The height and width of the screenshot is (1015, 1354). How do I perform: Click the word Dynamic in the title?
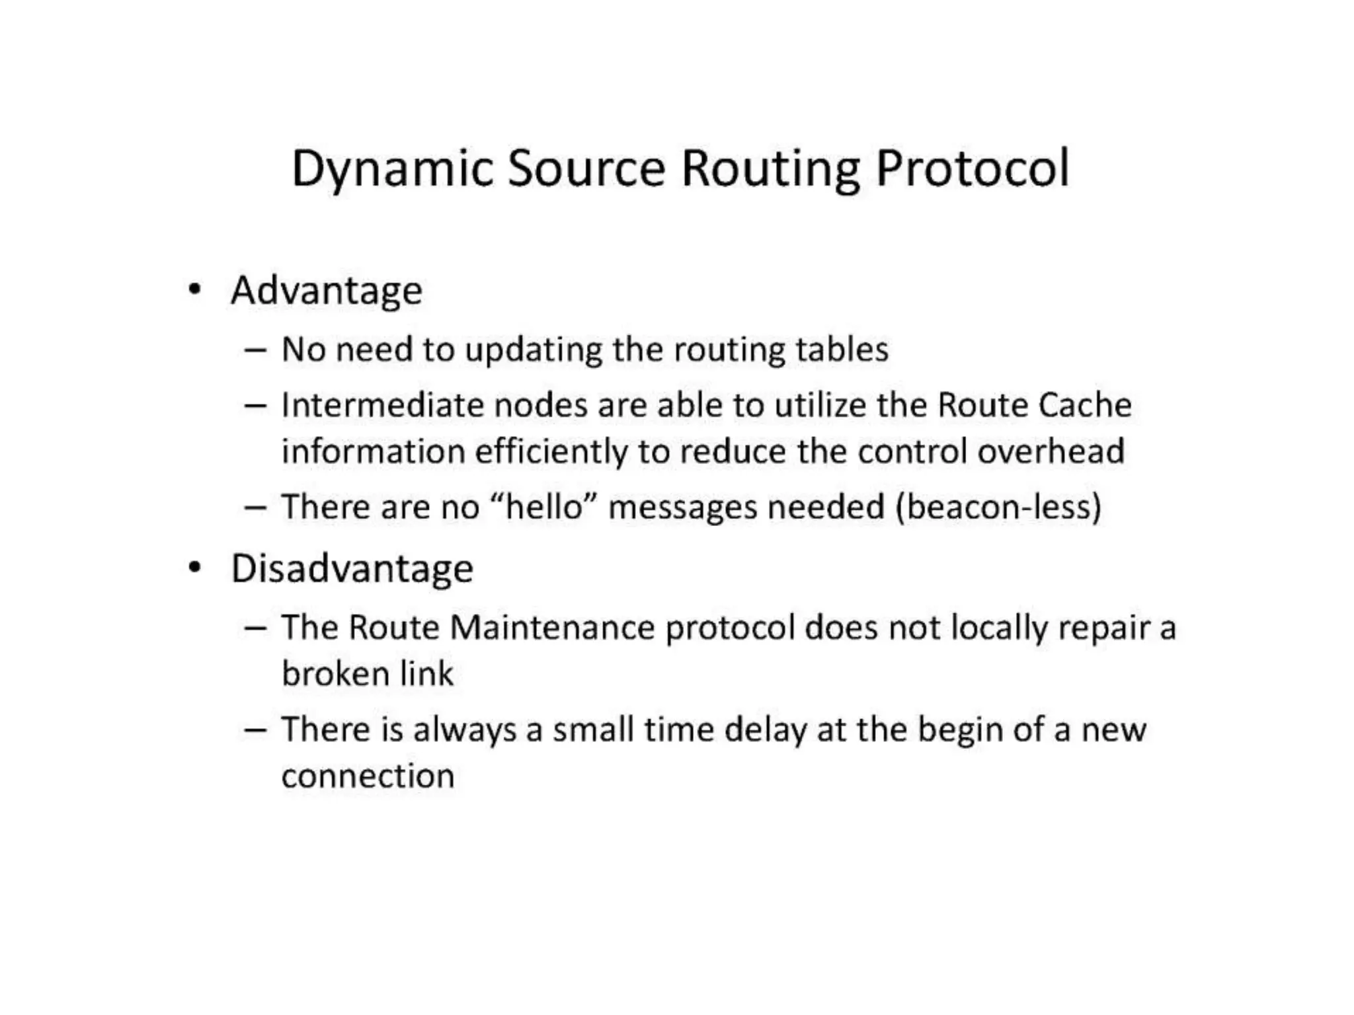(x=392, y=169)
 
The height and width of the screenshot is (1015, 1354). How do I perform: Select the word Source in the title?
(x=586, y=169)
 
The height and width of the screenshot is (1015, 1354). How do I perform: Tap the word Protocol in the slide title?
(x=972, y=169)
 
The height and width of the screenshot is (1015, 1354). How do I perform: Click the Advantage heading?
(x=326, y=291)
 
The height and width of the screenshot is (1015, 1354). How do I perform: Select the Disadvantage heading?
(x=352, y=569)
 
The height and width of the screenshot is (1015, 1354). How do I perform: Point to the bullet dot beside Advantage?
(x=194, y=290)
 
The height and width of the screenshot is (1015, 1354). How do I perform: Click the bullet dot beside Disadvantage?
(x=194, y=568)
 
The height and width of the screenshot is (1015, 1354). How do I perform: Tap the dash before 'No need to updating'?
(x=255, y=350)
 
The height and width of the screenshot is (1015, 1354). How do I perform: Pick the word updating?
(x=534, y=350)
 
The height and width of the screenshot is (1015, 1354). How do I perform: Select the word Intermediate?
(x=382, y=405)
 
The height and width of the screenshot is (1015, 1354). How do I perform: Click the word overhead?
(x=1051, y=451)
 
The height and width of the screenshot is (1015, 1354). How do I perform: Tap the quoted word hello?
(x=547, y=507)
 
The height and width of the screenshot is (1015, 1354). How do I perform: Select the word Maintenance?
(x=552, y=627)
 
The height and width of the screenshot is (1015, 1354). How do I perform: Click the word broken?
(x=335, y=674)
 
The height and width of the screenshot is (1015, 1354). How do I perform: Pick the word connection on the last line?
(x=368, y=776)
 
